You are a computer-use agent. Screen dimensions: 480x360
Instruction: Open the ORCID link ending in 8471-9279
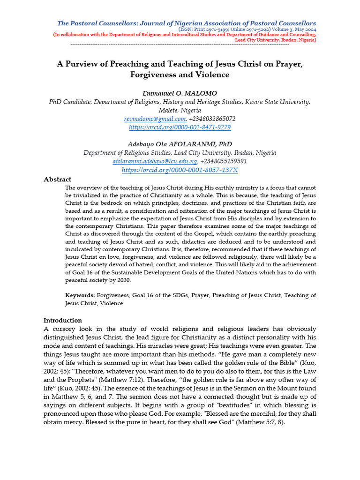click(180, 127)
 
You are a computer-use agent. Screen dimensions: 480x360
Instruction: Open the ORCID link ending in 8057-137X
click(180, 170)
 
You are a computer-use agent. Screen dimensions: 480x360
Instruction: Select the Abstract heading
click(57, 180)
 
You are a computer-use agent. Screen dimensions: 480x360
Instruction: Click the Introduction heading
click(62, 321)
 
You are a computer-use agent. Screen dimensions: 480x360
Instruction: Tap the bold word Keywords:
click(80, 295)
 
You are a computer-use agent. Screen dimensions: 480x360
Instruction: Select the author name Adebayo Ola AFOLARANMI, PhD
click(180, 144)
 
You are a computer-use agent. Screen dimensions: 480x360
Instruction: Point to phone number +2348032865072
click(212, 119)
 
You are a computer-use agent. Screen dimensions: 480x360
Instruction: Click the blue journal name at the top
click(186, 23)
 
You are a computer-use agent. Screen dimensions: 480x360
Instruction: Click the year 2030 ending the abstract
click(123, 280)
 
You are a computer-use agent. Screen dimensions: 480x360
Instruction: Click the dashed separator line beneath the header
click(180, 45)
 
